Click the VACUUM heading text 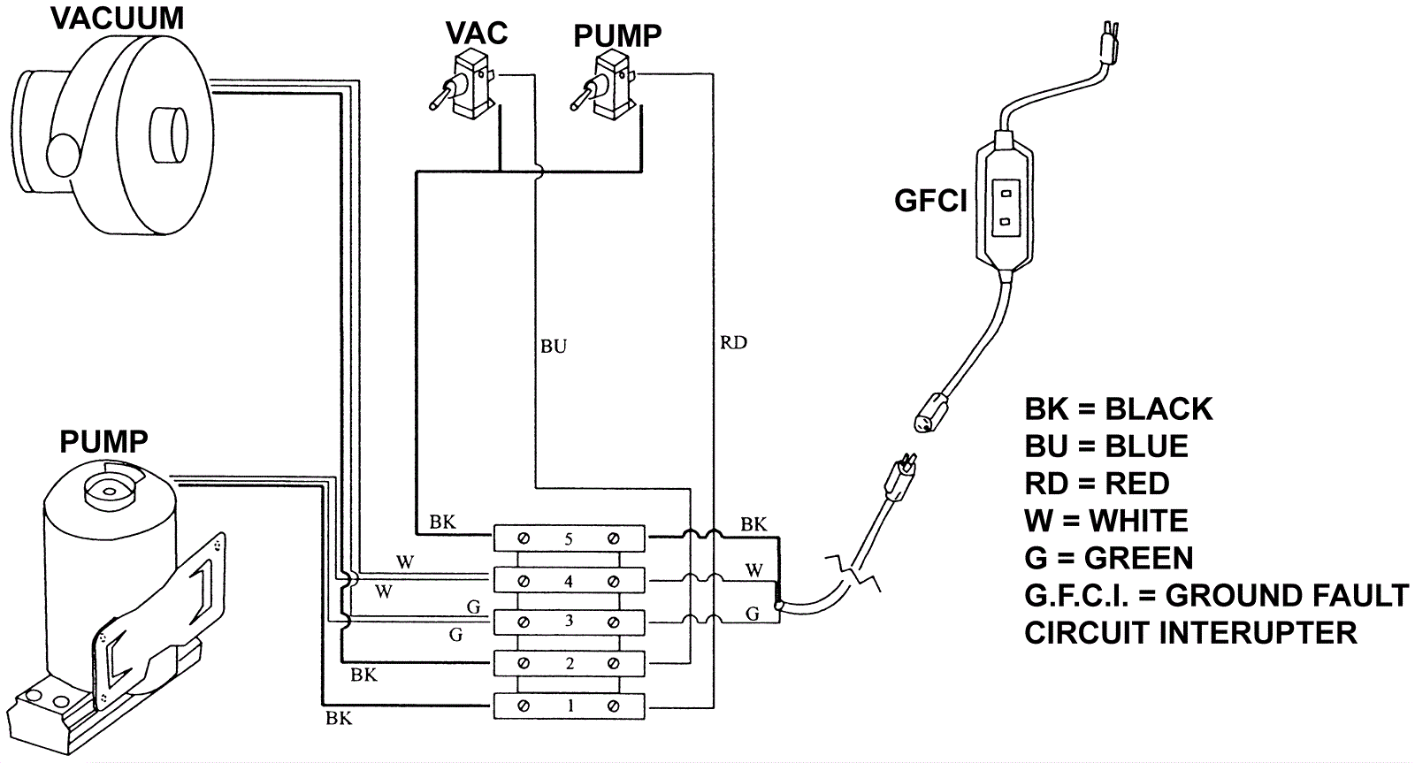[x=118, y=18]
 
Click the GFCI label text [x=930, y=202]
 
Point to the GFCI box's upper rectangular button [x=1006, y=189]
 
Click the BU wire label [x=554, y=346]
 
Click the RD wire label [x=733, y=342]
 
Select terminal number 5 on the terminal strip [x=569, y=538]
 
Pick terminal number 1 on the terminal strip [x=570, y=706]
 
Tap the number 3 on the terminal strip [x=569, y=621]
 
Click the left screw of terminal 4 [x=524, y=581]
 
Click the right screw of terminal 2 [x=614, y=664]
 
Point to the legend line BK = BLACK [x=1118, y=409]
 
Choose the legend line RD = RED [x=1097, y=484]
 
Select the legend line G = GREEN [x=1108, y=558]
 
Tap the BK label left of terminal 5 [x=442, y=523]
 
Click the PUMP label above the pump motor [x=103, y=441]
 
